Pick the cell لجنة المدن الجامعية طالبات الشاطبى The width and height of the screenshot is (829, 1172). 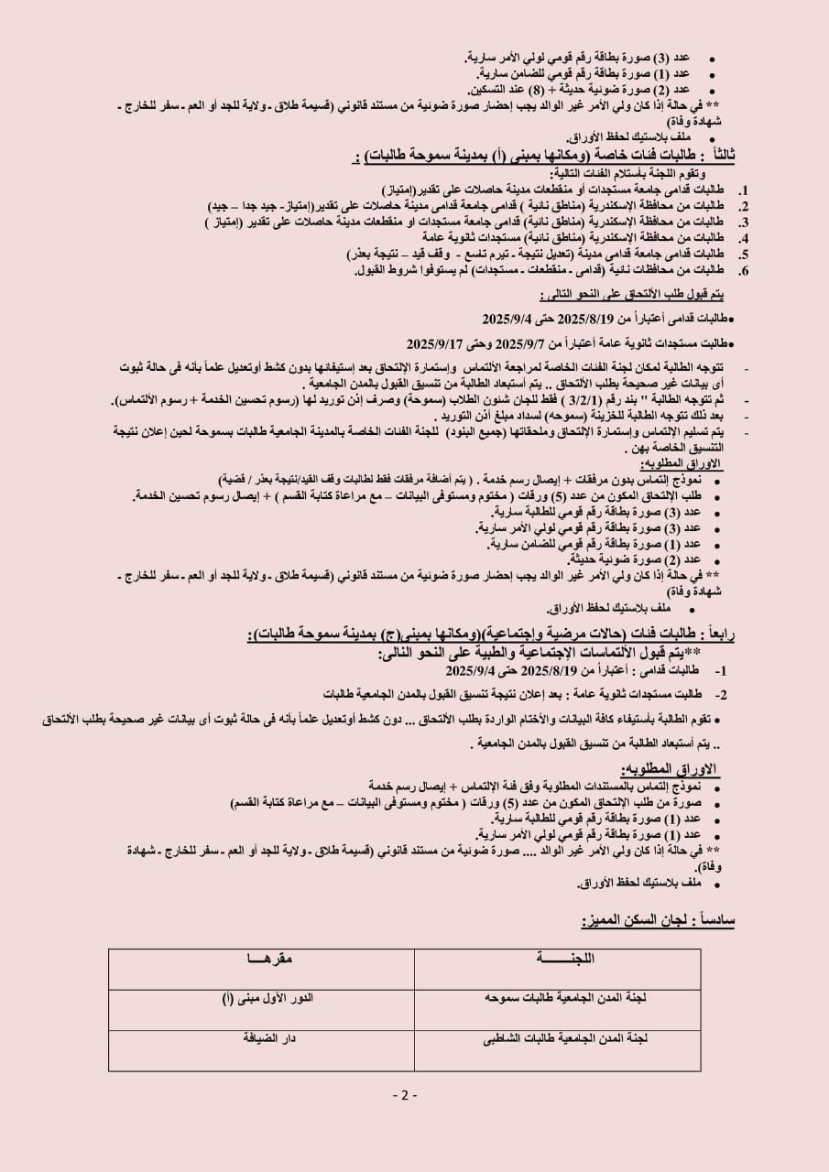(565, 1038)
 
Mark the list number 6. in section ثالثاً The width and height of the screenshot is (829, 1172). (744, 271)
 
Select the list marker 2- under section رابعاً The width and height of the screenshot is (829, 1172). (721, 695)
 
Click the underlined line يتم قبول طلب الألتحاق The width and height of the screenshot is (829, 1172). (631, 294)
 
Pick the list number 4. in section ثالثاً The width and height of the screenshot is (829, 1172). (744, 236)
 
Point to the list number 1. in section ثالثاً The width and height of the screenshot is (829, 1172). (744, 188)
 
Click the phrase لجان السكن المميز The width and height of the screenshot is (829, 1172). (627, 919)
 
